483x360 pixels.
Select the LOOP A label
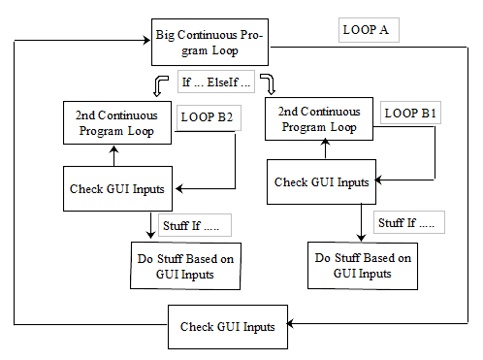click(x=366, y=30)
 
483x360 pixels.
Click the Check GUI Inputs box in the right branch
click(x=321, y=181)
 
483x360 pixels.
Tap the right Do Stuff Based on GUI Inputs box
click(x=363, y=265)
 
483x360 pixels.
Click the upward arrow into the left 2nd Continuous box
click(x=114, y=154)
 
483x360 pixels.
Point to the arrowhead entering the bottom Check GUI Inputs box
click(x=292, y=326)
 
